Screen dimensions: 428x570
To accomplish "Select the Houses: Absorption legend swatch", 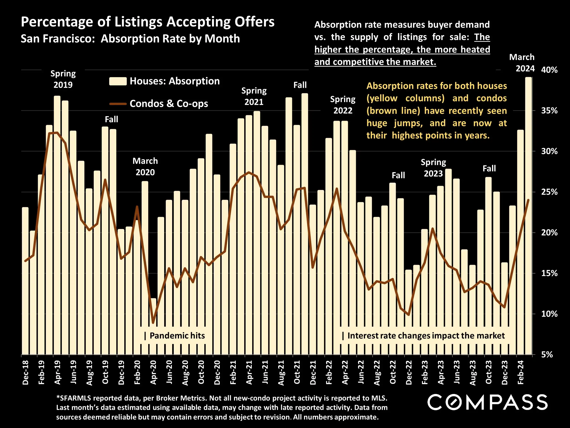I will pyautogui.click(x=118, y=81).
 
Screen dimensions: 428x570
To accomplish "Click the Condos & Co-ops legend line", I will pyautogui.click(x=118, y=104).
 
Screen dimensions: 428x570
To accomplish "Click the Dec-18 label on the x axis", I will pyautogui.click(x=26, y=373).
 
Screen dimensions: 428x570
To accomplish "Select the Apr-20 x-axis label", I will pyautogui.click(x=153, y=373).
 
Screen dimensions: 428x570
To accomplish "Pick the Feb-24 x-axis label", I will pyautogui.click(x=521, y=373).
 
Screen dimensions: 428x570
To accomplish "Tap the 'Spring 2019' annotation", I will pyautogui.click(x=63, y=79).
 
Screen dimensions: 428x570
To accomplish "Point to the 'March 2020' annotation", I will pyautogui.click(x=145, y=166).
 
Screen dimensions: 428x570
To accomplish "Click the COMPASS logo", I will pyautogui.click(x=487, y=402).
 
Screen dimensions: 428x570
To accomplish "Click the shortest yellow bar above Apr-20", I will pyautogui.click(x=153, y=326).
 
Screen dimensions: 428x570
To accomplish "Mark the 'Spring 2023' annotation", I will pyautogui.click(x=433, y=168).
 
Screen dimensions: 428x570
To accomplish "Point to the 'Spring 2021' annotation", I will pyautogui.click(x=254, y=96).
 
